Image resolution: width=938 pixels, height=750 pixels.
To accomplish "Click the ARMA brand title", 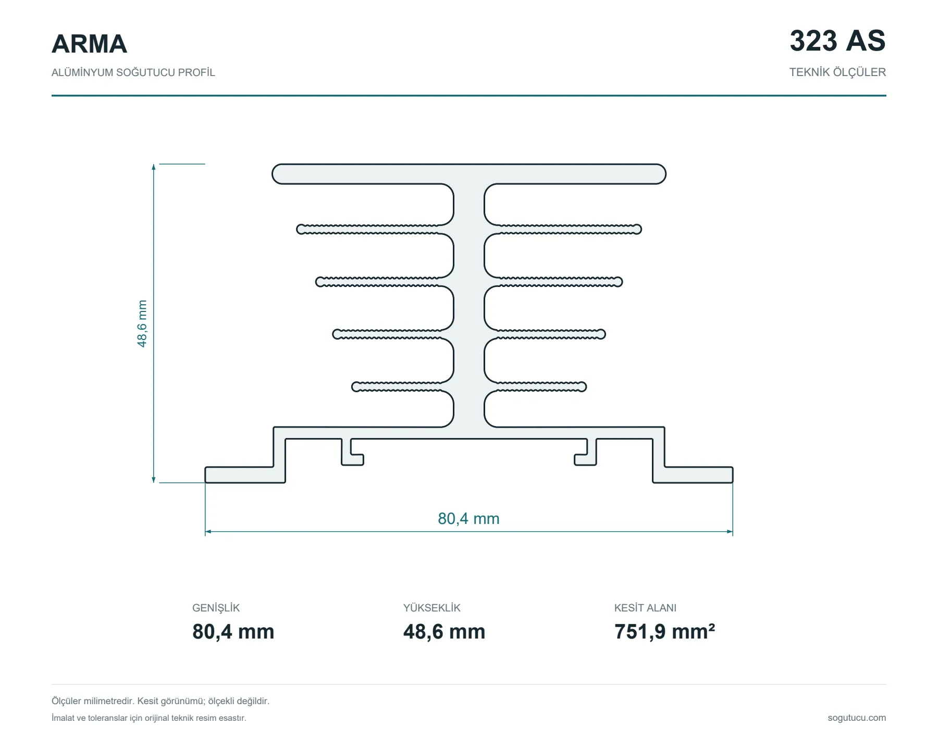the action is [89, 44].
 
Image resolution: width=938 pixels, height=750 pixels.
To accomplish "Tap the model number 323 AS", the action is [837, 41].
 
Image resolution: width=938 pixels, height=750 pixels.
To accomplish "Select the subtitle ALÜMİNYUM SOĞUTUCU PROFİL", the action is [133, 72].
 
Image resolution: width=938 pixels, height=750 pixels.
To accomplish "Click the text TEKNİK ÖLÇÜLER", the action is [837, 72].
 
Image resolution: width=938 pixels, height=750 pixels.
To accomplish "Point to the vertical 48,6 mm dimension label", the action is [142, 323].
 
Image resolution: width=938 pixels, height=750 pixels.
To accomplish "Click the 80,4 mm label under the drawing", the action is [468, 518].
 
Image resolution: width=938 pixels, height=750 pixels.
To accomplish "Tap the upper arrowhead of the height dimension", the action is [154, 167].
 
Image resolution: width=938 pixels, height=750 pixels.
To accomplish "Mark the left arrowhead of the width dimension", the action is [208, 532].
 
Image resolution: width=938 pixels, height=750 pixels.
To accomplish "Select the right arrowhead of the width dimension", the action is [730, 532].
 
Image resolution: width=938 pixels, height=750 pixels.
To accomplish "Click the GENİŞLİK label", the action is [216, 608].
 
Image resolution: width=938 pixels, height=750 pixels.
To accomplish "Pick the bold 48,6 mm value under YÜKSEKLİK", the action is [444, 632].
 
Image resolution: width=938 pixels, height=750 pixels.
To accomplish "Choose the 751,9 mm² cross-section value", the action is [664, 631].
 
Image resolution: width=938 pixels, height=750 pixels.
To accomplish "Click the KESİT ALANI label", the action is [645, 608].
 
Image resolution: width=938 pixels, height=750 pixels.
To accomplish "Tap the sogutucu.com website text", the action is [857, 718].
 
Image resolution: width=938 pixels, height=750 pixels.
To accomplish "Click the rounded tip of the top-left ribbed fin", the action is [300, 229].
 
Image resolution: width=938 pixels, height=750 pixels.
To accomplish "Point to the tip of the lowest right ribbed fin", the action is [583, 386].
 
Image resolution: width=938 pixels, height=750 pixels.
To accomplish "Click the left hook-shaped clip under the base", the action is [352, 452].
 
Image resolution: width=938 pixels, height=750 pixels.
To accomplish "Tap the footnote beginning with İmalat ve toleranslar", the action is [149, 718].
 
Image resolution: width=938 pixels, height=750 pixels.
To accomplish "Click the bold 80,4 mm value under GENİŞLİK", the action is [233, 632].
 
